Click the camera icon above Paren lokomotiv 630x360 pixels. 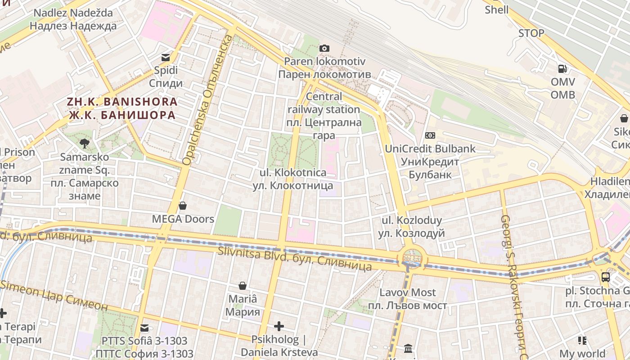coord(324,48)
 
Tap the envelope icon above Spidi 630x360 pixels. coord(166,57)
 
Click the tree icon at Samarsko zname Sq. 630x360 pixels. coord(84,144)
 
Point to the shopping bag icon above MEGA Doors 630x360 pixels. coord(183,206)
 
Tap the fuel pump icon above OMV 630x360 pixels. coord(562,69)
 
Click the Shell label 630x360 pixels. coord(496,10)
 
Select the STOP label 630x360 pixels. coord(531,33)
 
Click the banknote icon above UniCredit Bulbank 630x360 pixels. coord(430,135)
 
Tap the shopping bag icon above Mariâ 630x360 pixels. coord(243,286)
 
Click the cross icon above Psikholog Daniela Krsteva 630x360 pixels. coord(279,326)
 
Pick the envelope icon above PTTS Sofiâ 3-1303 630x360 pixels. coord(144,328)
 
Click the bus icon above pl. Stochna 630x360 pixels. coord(606,277)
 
